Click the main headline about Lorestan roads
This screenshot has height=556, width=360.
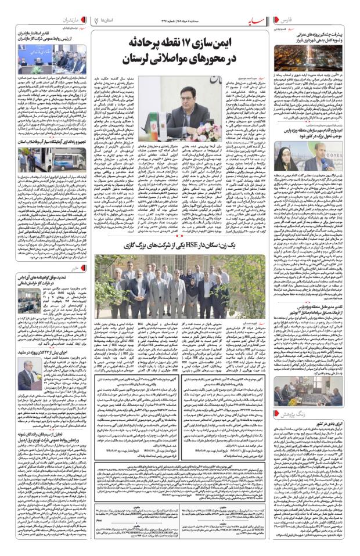(x=179, y=52)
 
